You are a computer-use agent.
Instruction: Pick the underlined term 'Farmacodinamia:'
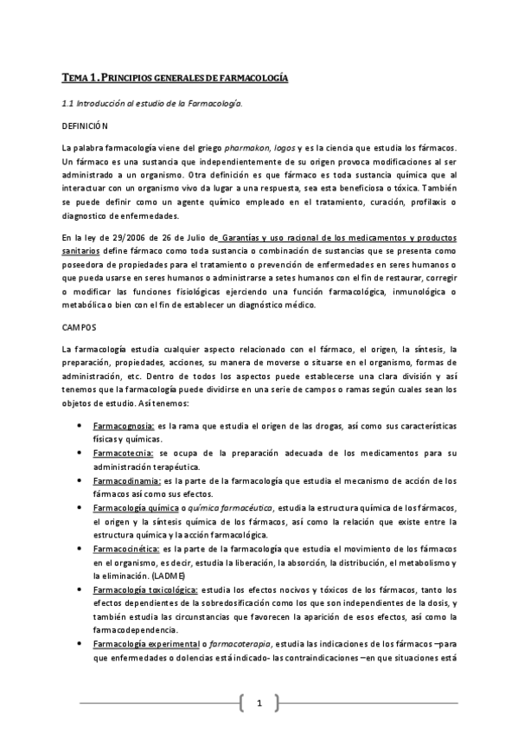125,480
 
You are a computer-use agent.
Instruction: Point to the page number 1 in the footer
259,705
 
